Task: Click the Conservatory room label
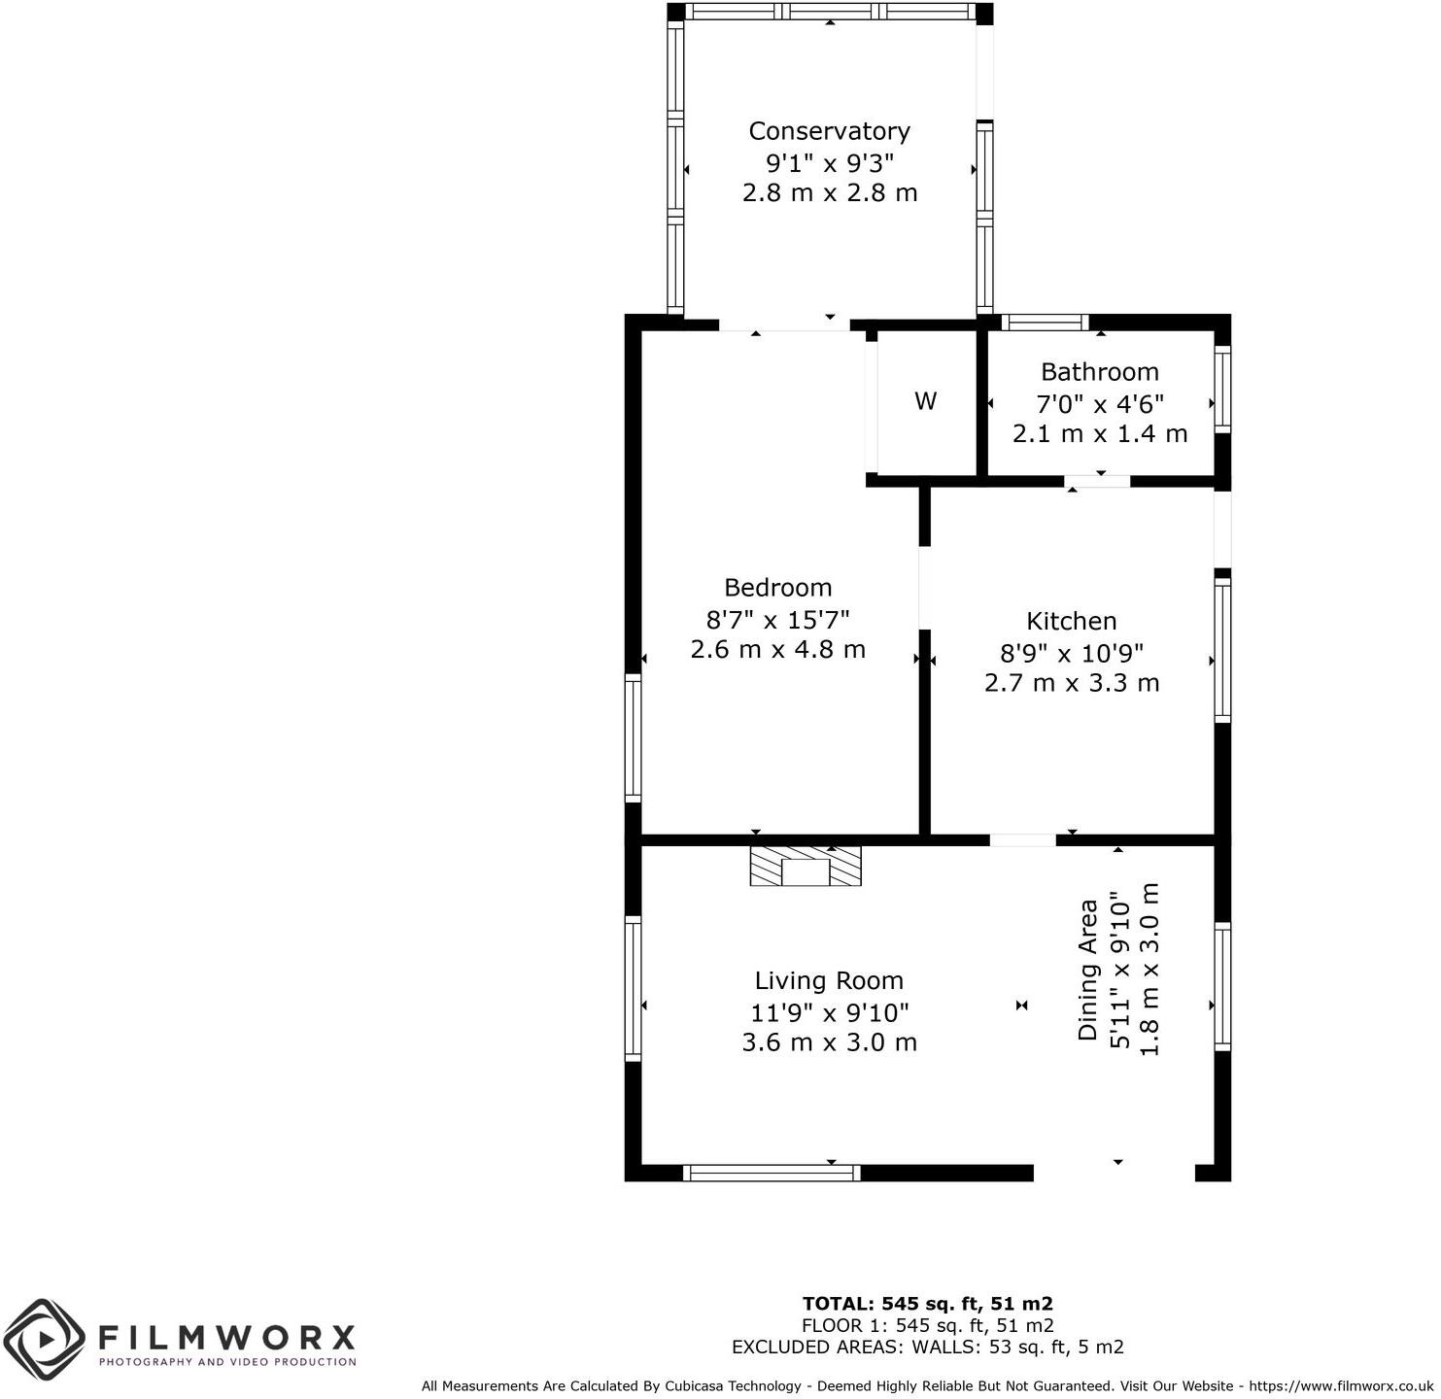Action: point(829,131)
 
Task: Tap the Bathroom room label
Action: point(1099,372)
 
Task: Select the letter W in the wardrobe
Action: point(925,401)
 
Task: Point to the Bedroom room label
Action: point(777,588)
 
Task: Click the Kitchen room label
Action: point(1071,622)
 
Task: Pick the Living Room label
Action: point(829,981)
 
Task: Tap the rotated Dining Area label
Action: point(1088,970)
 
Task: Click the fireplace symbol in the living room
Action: point(806,866)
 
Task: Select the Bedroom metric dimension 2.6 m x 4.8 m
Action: point(777,649)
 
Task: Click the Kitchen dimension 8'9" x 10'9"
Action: point(1071,653)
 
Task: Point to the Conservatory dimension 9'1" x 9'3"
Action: point(829,162)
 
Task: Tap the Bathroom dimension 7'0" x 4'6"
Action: point(1099,403)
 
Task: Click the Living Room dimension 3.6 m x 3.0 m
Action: point(829,1042)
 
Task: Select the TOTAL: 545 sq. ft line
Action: point(927,1304)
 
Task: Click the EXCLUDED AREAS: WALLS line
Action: point(927,1348)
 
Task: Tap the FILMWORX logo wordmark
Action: point(226,1338)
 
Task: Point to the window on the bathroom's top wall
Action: point(1044,323)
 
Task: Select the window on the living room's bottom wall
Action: point(772,1173)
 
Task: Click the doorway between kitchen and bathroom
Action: point(1097,481)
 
